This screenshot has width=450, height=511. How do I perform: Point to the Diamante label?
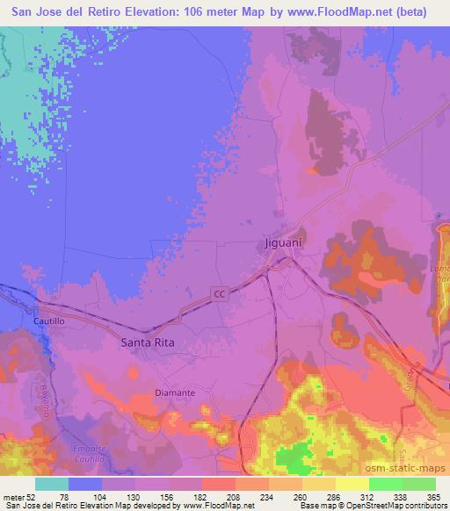tap(174, 392)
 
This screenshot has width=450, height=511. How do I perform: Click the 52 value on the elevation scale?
tap(34, 496)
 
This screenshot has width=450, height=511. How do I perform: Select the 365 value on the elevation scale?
tap(433, 496)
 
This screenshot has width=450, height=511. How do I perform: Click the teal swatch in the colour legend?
tap(52, 484)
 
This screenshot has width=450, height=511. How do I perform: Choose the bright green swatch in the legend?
tap(386, 484)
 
